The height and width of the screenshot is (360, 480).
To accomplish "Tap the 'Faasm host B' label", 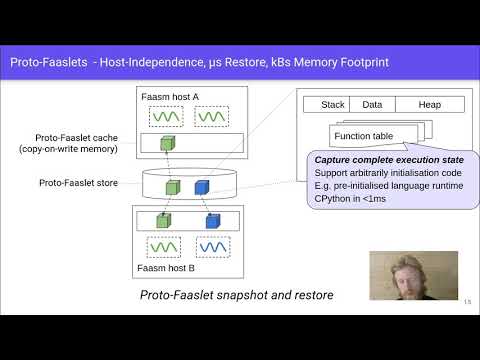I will tap(167, 269).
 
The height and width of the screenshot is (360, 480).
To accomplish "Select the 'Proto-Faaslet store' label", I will tap(79, 184).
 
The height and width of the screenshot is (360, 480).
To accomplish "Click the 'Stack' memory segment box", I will tap(332, 104).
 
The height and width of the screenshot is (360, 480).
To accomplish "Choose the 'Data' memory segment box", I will tap(372, 104).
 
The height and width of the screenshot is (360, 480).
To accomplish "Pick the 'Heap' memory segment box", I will tap(431, 104).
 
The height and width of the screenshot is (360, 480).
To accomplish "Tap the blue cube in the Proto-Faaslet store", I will tap(201, 186).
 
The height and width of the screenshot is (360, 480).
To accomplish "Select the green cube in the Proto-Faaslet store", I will tap(173, 187).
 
